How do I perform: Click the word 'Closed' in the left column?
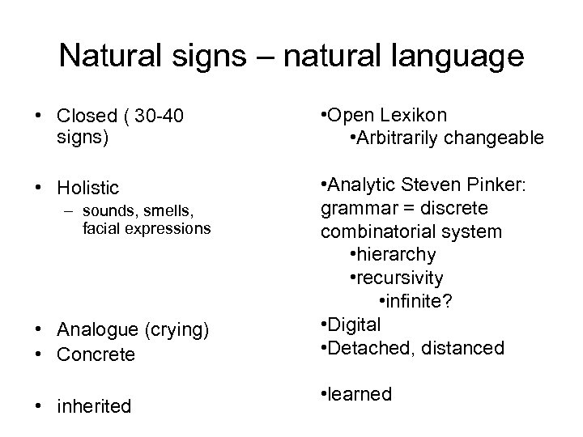pos(85,117)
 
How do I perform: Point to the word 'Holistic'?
pos(87,188)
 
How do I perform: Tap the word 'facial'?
pos(102,229)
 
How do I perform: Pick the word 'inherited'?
pos(94,405)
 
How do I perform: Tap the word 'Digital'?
pos(355,325)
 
